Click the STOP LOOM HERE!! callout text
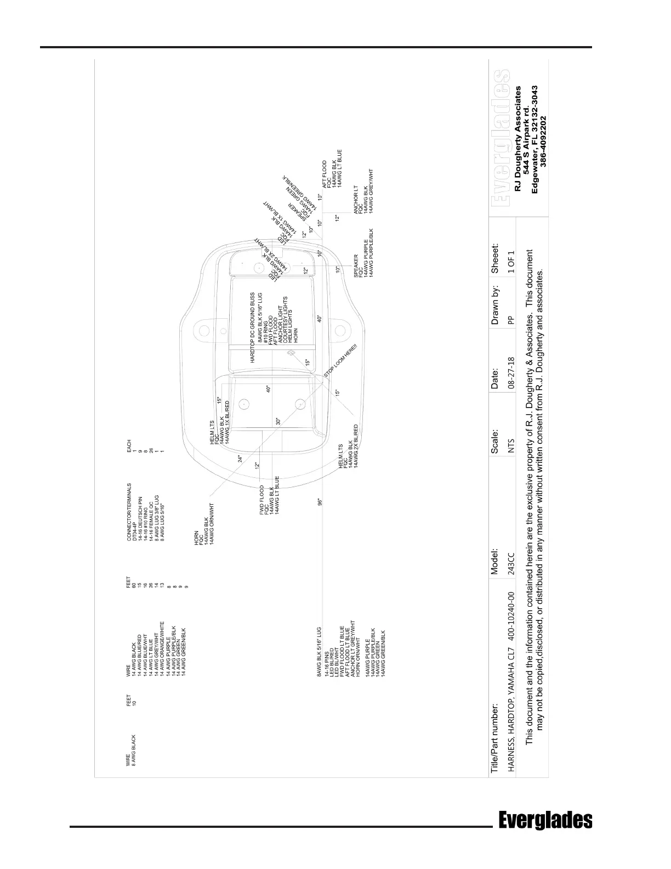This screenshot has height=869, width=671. pos(341,363)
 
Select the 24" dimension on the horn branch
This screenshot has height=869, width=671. pos(240,459)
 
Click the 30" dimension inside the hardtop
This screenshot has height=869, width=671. pos(278,421)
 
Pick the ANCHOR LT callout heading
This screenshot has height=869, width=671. pos(356,202)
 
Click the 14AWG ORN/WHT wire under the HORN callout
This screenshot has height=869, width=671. pos(212,523)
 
